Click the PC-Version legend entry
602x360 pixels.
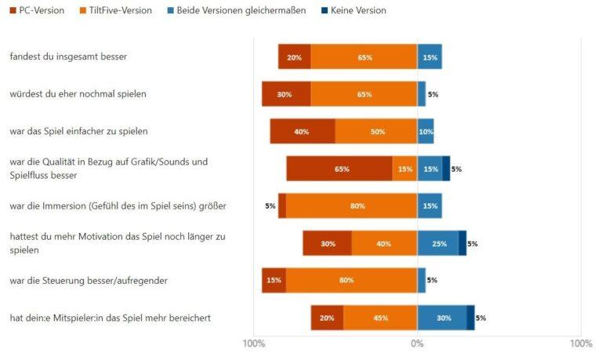[x=37, y=10]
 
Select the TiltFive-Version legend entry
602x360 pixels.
[x=121, y=10]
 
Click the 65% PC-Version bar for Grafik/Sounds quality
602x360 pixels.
[x=339, y=169]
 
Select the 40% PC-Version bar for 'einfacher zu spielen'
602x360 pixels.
[x=303, y=131]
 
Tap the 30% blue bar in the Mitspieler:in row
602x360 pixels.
[x=442, y=318]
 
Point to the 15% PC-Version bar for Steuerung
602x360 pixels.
[x=274, y=280]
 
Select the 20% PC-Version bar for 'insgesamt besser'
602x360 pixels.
[x=294, y=57]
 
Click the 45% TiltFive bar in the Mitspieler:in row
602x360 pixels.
[x=380, y=318]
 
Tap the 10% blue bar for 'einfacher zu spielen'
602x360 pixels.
[x=426, y=131]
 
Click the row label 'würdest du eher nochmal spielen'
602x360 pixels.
[x=78, y=94]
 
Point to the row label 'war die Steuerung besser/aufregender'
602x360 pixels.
[x=89, y=280]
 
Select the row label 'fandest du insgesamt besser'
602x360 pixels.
[x=68, y=56]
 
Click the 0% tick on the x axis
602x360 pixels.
[x=417, y=344]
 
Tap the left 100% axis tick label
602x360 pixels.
[x=253, y=344]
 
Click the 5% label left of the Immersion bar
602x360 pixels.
[x=270, y=206]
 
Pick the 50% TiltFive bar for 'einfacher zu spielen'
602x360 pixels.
[x=376, y=131]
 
